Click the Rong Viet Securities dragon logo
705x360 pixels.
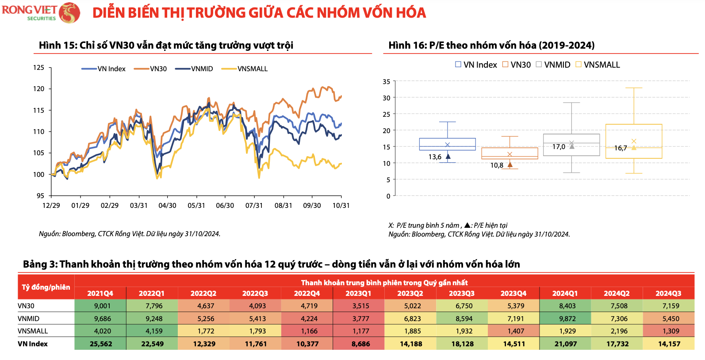(x=69, y=12)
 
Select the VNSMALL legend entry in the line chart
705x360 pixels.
(x=245, y=69)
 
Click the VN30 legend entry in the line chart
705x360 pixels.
(x=150, y=69)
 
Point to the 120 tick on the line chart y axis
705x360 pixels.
(x=39, y=89)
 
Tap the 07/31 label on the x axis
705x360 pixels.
(x=254, y=206)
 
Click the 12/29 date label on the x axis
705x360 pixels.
(x=51, y=206)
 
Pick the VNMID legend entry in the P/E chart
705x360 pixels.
(x=553, y=65)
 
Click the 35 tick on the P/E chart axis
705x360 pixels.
(x=386, y=82)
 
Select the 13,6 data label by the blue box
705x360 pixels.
(x=435, y=157)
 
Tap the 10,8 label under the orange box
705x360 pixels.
(x=497, y=165)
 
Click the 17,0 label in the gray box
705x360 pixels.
(x=559, y=147)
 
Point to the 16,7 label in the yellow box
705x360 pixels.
(x=621, y=148)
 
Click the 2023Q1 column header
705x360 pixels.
(x=359, y=293)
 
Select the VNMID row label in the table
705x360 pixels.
(x=29, y=318)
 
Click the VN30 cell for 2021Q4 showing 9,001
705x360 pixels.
(x=100, y=306)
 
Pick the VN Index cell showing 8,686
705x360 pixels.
(x=359, y=344)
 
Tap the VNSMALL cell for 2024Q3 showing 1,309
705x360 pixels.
(x=668, y=331)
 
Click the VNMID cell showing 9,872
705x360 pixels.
(x=565, y=318)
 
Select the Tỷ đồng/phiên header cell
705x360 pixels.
(x=46, y=287)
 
